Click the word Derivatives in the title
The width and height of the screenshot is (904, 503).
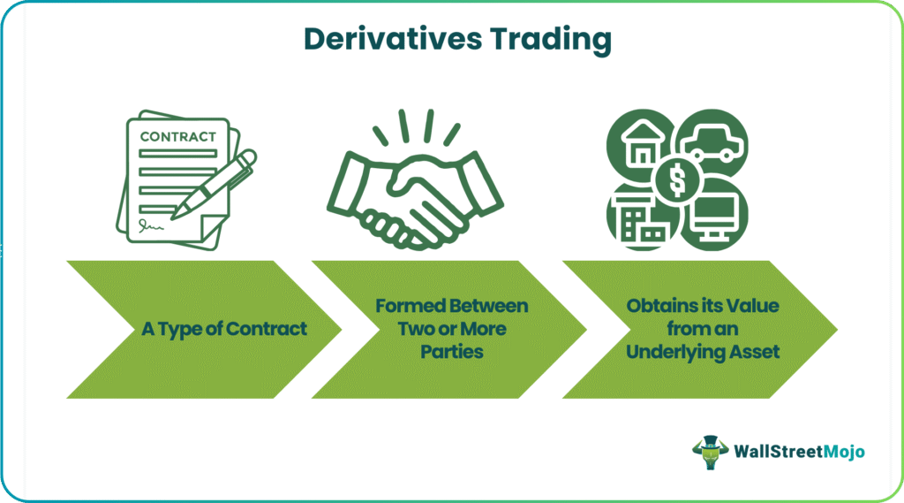click(x=393, y=39)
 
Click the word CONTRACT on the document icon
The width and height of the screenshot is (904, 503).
click(x=178, y=137)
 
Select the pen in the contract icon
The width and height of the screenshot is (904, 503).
click(x=214, y=184)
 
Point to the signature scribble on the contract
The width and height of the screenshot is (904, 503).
click(x=151, y=225)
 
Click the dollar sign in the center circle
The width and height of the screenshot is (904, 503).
click(x=678, y=179)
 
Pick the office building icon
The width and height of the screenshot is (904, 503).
click(x=641, y=218)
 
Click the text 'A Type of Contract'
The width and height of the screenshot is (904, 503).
click(x=224, y=329)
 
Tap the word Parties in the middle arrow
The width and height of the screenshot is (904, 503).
click(x=452, y=352)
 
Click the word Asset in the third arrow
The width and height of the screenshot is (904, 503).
click(x=755, y=352)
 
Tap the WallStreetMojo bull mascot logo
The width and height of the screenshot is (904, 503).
click(x=711, y=453)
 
